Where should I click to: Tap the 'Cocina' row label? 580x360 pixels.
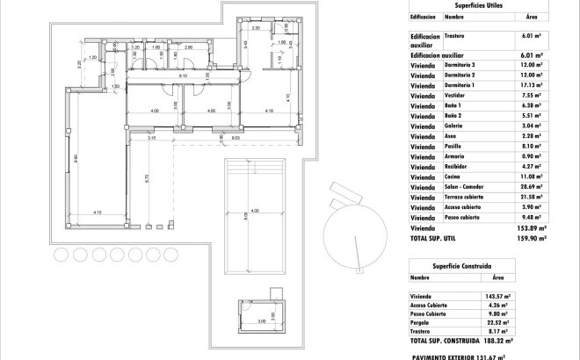tap(454, 177)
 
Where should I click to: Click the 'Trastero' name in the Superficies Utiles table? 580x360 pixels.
tap(454, 36)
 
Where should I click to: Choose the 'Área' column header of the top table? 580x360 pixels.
tap(531, 16)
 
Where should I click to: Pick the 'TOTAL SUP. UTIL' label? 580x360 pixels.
tap(437, 237)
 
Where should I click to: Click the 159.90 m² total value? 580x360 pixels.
tap(530, 237)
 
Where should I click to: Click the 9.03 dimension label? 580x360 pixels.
tap(236, 138)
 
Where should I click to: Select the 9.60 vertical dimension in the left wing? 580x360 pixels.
tap(76, 158)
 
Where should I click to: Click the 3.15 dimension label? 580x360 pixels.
tap(151, 138)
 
